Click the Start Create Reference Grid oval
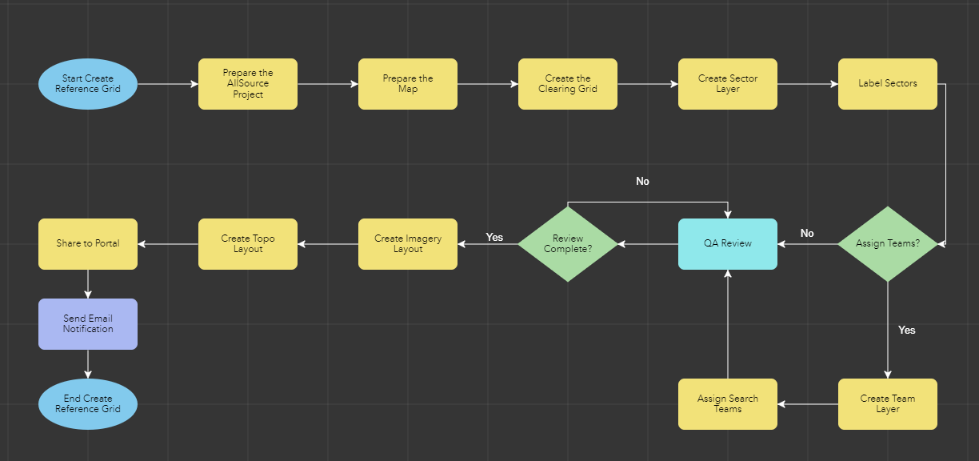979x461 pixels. (88, 84)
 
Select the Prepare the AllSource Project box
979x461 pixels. (248, 84)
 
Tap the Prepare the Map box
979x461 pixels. (408, 84)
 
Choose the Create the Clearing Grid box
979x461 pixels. (568, 84)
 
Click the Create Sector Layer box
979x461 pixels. (728, 84)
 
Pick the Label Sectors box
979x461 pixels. (888, 84)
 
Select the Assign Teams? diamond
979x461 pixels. (887, 244)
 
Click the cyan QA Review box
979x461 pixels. (728, 244)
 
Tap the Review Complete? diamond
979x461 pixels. (568, 244)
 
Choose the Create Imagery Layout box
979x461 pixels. (408, 244)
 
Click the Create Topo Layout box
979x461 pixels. (248, 244)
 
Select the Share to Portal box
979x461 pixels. (88, 244)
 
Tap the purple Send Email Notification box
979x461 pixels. (88, 324)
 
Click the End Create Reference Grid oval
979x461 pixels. (88, 404)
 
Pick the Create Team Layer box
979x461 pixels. (888, 404)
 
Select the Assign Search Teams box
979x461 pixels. (728, 404)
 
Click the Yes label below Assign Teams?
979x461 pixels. (907, 330)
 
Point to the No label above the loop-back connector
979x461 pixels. (643, 182)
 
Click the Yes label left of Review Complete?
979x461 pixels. (495, 238)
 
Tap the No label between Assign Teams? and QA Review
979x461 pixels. (807, 234)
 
